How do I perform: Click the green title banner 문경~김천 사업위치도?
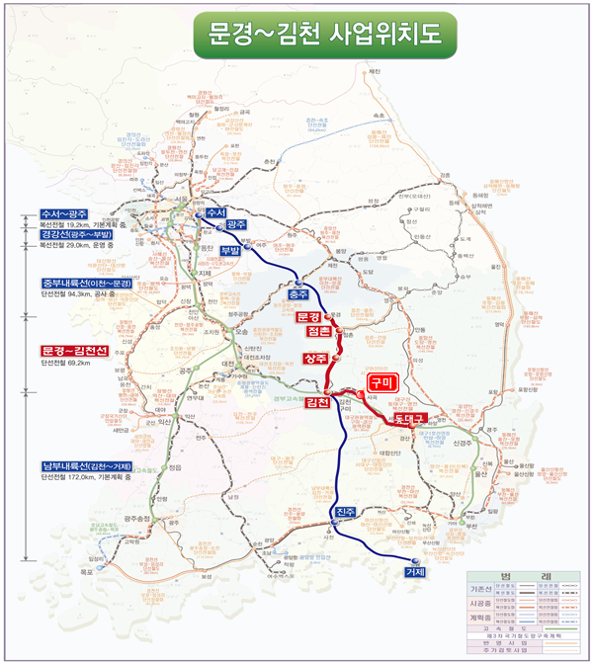tap(324, 36)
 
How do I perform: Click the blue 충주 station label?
tap(297, 294)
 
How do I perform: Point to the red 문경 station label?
tap(309, 317)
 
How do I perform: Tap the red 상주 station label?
tap(316, 358)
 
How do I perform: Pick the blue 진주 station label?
tap(345, 511)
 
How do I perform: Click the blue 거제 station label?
tap(415, 572)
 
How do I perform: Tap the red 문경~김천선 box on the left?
tap(74, 351)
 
